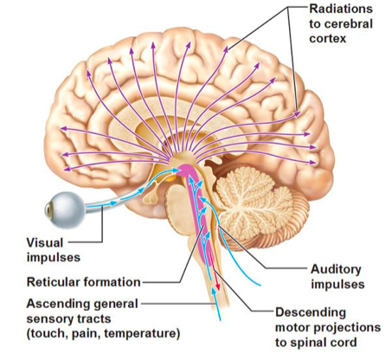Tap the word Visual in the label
click(45, 242)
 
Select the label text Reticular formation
click(83, 282)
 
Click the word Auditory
click(336, 270)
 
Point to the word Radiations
click(341, 9)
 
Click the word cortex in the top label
click(327, 39)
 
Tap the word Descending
click(311, 313)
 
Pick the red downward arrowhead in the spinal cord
click(218, 287)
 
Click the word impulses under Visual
click(54, 257)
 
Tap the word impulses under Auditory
click(337, 285)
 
